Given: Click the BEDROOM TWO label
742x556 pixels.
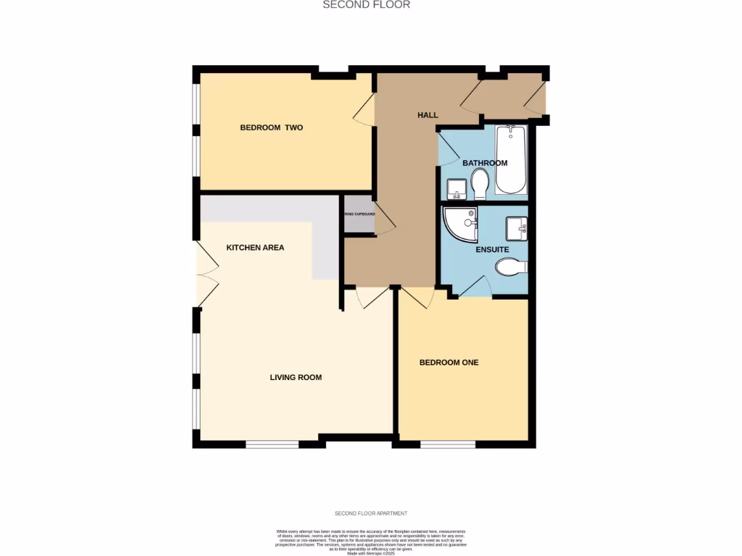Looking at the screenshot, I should click(x=271, y=127).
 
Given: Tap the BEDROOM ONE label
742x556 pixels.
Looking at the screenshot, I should click(x=449, y=362).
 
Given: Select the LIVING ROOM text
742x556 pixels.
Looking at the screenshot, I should click(x=296, y=377).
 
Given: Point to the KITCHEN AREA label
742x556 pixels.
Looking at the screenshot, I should click(x=255, y=248).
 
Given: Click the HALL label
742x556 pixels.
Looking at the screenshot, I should click(x=428, y=115).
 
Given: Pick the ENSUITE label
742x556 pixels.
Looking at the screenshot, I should click(x=492, y=250).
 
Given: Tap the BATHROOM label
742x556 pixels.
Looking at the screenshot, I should click(x=485, y=163).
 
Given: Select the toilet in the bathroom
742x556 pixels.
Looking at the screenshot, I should click(x=480, y=184).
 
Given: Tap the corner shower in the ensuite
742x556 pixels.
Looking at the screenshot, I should click(x=459, y=224).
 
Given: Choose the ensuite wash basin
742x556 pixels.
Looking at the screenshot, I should click(x=517, y=227).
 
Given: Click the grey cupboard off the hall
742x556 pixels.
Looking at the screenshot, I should click(x=359, y=214).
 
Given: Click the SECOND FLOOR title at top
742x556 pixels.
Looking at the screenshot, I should click(x=366, y=5).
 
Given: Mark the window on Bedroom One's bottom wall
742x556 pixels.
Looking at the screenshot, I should click(x=447, y=444).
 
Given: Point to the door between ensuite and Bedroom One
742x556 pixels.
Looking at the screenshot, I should click(x=475, y=287).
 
